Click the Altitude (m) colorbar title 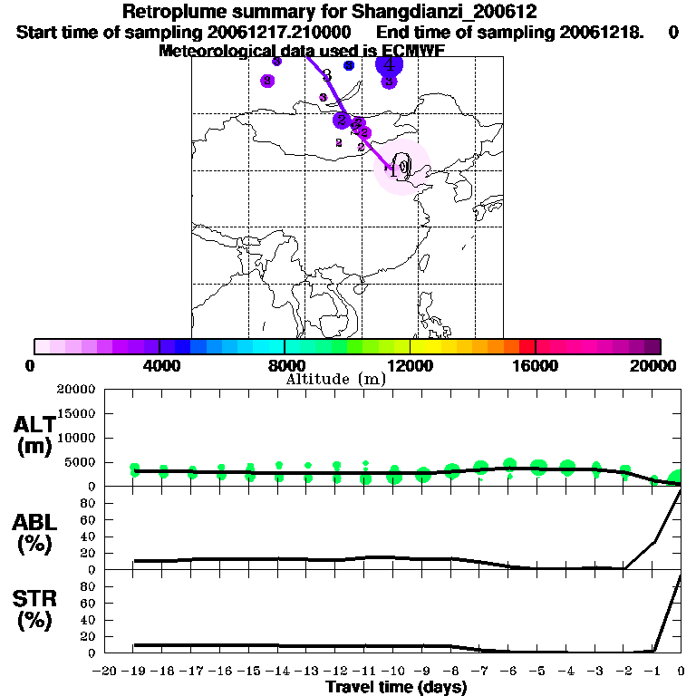[335, 379]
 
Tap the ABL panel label [34, 533]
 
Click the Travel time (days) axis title [396, 688]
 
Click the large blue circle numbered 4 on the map [389, 64]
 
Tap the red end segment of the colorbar [527, 346]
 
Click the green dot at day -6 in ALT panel [509, 466]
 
